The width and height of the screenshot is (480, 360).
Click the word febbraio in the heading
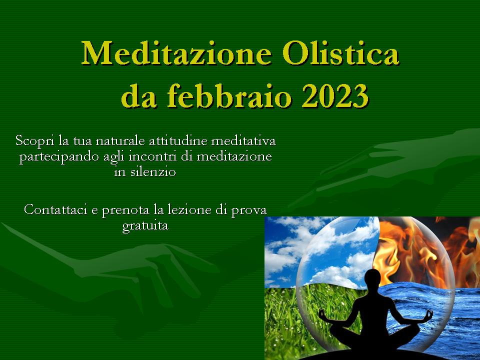point(229,95)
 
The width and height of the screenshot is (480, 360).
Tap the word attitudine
point(178,141)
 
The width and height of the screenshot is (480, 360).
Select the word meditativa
point(243,141)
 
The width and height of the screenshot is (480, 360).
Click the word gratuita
point(145,226)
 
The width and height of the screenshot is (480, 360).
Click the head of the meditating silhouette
point(372,278)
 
